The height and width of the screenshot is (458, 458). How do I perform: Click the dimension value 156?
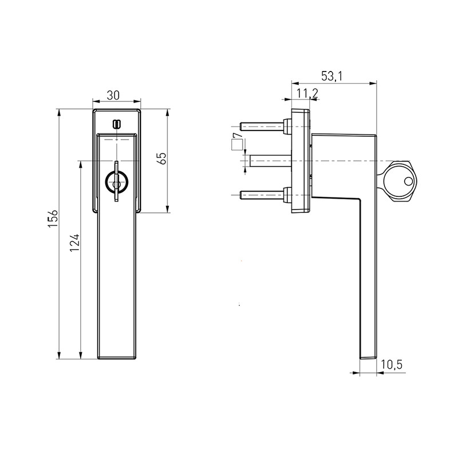click(x=53, y=219)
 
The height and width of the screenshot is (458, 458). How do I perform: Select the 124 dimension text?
click(x=74, y=242)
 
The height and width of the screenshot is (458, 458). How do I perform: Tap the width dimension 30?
click(x=113, y=95)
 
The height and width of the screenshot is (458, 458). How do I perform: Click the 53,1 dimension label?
click(x=331, y=76)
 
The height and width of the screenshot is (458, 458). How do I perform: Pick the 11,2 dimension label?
click(x=307, y=93)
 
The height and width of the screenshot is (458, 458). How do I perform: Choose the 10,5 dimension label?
click(x=392, y=365)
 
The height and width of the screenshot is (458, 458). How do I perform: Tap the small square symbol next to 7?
click(x=237, y=145)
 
